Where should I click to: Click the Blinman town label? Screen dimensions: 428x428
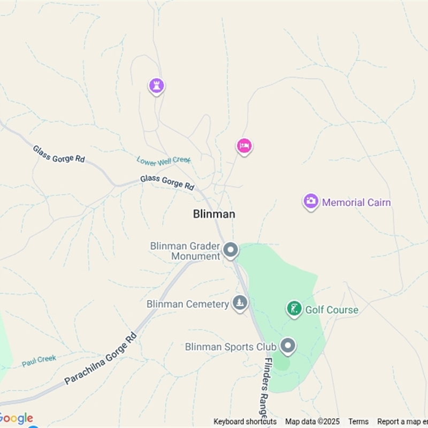tap(213, 214)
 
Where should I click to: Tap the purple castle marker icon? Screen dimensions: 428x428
tap(156, 86)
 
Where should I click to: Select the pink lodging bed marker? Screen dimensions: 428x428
tap(244, 146)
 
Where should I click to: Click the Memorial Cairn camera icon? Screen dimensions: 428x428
tap(311, 202)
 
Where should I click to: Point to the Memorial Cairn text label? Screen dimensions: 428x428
tap(356, 203)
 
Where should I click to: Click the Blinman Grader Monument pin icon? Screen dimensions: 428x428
tap(231, 250)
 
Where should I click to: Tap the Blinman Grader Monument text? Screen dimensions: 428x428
tap(185, 251)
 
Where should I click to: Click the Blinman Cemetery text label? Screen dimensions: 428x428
tap(188, 304)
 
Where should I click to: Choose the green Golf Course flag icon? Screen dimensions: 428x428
tap(294, 308)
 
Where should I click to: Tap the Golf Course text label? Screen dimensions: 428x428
tap(332, 310)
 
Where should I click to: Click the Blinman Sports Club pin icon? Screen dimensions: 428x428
tap(288, 346)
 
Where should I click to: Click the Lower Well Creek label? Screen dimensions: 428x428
tap(163, 159)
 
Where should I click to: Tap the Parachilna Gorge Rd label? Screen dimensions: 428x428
tap(101, 359)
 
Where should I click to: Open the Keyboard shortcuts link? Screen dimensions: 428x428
tap(245, 422)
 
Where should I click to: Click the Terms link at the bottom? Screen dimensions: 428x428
tap(358, 422)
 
